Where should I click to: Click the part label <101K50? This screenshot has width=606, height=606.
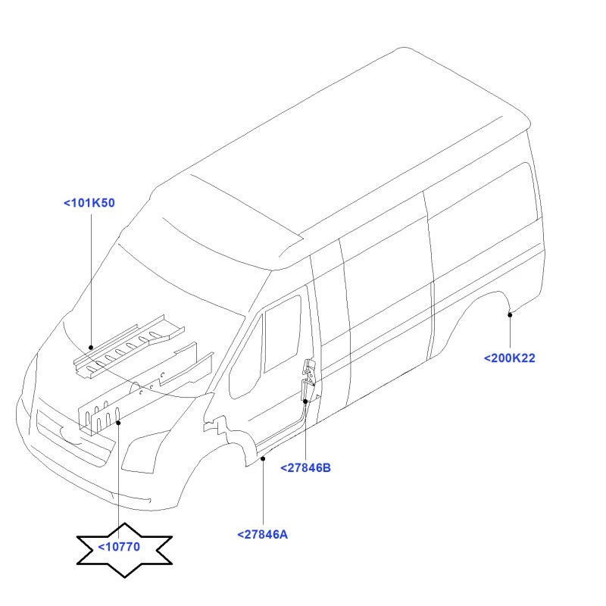[x=89, y=203]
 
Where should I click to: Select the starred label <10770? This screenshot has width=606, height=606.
[x=119, y=547]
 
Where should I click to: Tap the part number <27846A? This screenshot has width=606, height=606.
[x=262, y=535]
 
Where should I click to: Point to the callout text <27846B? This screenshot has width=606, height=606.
[x=306, y=468]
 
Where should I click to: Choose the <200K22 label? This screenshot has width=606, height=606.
[x=510, y=358]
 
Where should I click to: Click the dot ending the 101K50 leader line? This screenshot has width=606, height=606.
[x=91, y=348]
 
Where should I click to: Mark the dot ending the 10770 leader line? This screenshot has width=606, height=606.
[x=119, y=423]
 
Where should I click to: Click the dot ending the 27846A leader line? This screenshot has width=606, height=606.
[x=263, y=459]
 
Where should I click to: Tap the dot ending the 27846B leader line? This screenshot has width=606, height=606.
[x=305, y=401]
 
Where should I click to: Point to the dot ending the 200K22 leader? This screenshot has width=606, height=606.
[x=510, y=315]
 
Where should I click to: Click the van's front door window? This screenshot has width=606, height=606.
[x=282, y=333]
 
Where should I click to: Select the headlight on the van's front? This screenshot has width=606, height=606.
[x=145, y=451]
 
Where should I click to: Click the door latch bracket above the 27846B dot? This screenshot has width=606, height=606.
[x=308, y=379]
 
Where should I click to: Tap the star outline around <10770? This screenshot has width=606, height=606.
[x=124, y=524]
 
